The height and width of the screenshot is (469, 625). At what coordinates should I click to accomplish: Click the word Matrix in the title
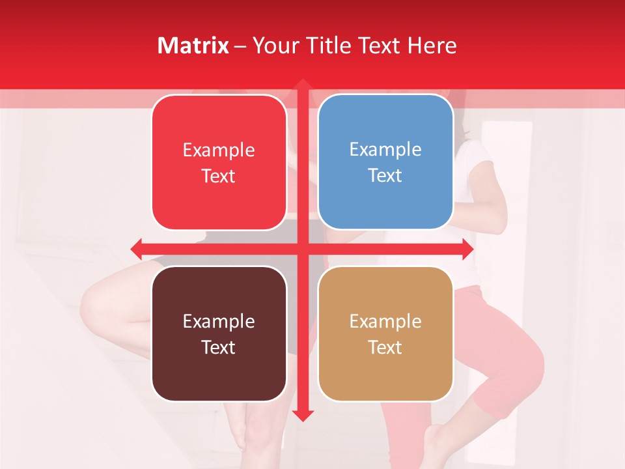click(193, 46)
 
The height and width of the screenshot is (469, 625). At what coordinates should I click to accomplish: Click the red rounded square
click(219, 163)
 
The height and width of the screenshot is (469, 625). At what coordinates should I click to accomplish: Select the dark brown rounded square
click(219, 334)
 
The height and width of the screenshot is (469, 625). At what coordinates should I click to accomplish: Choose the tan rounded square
click(385, 334)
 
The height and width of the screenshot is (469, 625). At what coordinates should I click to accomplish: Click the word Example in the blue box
click(385, 149)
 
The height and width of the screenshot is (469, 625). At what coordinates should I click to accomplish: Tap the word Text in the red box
click(219, 176)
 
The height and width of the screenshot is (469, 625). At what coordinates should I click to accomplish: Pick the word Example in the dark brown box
click(219, 321)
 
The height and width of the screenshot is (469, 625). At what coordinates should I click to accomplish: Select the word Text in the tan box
click(385, 347)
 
